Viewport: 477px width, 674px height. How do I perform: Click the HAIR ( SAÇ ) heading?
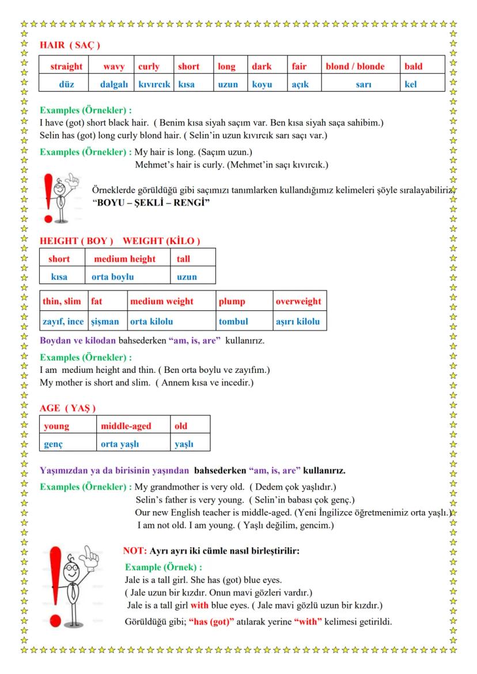pyautogui.click(x=70, y=45)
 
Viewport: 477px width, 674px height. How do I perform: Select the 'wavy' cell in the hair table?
pyautogui.click(x=113, y=66)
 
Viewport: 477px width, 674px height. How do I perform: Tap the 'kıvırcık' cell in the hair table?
pyautogui.click(x=154, y=84)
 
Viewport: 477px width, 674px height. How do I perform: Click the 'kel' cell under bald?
pyautogui.click(x=411, y=84)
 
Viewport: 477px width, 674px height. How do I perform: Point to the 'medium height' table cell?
pyautogui.click(x=125, y=259)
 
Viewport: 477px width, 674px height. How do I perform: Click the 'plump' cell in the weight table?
pyautogui.click(x=232, y=301)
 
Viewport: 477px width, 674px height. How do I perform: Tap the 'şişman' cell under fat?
pyautogui.click(x=104, y=321)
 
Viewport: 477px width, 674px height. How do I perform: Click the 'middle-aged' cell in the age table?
pyautogui.click(x=126, y=426)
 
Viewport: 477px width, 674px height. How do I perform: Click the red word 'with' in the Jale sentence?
pyautogui.click(x=199, y=605)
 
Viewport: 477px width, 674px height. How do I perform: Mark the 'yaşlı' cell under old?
pyautogui.click(x=184, y=444)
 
